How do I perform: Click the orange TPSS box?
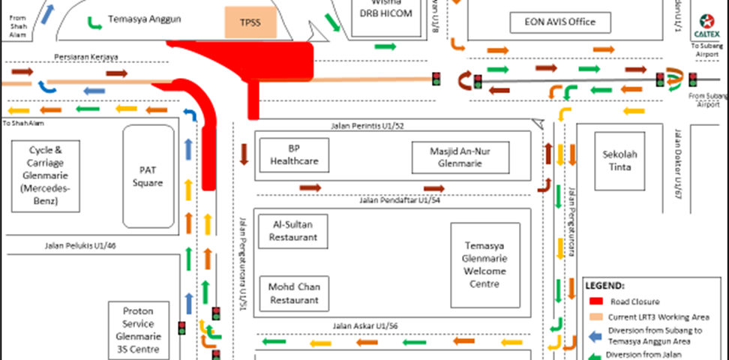tap(250, 23)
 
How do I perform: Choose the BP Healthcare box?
tap(294, 154)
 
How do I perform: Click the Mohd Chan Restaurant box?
tap(294, 293)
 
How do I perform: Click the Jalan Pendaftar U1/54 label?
tap(399, 200)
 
